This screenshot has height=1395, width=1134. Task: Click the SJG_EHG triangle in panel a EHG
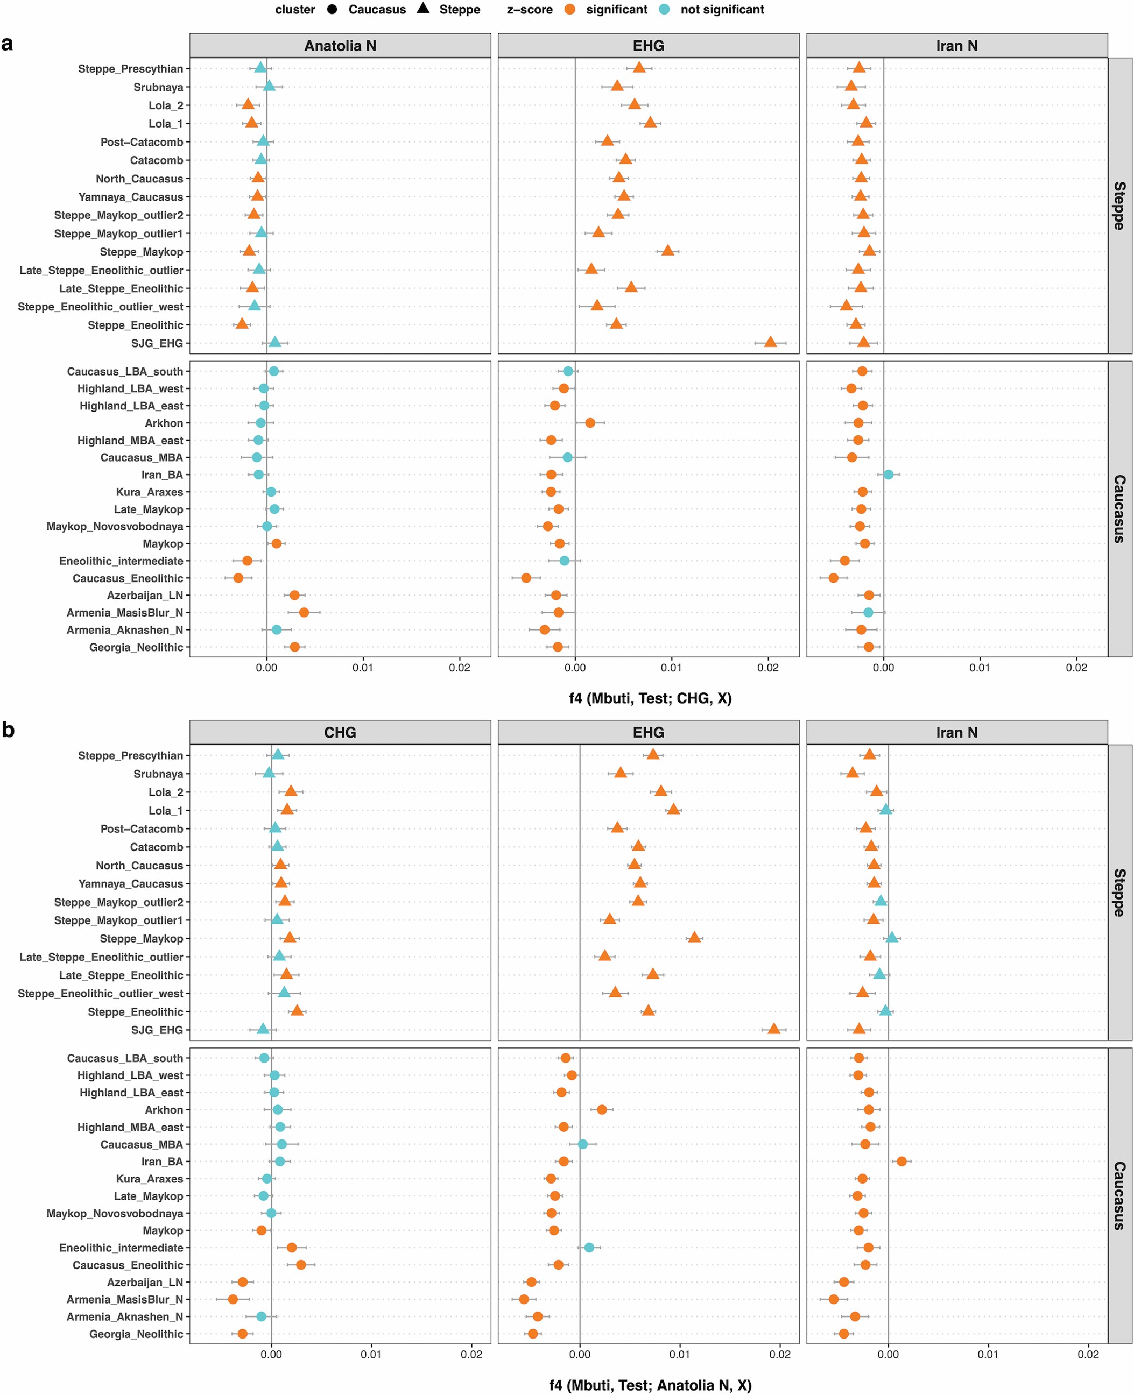pos(770,342)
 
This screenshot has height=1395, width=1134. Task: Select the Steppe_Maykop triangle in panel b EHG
pos(694,937)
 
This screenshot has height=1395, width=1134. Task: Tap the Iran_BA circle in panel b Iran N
pos(901,1160)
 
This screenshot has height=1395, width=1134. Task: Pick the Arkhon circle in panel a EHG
pos(590,422)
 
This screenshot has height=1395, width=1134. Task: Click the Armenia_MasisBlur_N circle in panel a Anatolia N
pos(304,612)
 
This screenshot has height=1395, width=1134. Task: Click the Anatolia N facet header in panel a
pos(340,46)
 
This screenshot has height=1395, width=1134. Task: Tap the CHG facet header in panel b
pos(340,732)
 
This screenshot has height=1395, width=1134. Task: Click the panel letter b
pos(8,729)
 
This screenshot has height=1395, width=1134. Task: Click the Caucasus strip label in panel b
pos(1119,1195)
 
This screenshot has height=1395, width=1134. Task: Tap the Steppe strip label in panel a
pos(1119,206)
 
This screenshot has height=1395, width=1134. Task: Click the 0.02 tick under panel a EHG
pos(767,668)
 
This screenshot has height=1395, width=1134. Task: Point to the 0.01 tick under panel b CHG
pos(371,1355)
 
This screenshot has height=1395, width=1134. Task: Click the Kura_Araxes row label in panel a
pos(150,492)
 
